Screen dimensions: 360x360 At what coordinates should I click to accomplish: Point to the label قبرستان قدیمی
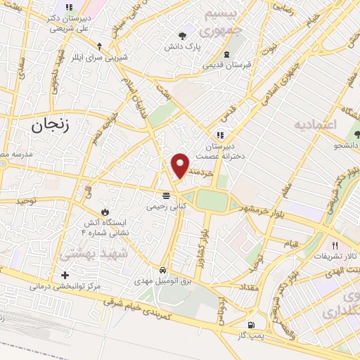point(226,65)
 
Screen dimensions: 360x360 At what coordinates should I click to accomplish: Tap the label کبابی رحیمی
point(166,207)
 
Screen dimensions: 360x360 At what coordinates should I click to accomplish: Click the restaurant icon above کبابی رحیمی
point(166,195)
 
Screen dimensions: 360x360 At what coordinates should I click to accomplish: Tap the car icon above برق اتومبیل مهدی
point(163,270)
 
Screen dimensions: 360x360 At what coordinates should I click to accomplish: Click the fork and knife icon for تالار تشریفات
point(335,246)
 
